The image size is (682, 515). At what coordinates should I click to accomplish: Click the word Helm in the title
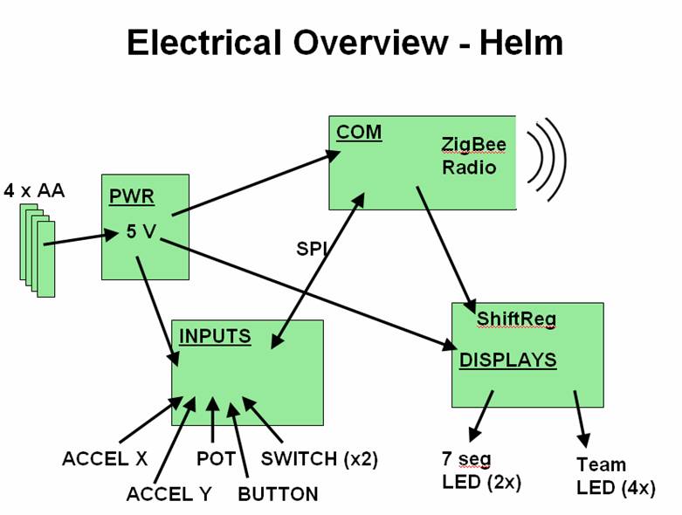(521, 42)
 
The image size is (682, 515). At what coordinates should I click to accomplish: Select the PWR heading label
(132, 196)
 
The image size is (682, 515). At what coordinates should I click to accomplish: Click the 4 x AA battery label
(35, 190)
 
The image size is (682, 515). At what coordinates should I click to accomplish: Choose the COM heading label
(359, 133)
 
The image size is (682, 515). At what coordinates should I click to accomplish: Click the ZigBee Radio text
(473, 154)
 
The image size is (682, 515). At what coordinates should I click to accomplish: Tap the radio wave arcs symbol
(547, 159)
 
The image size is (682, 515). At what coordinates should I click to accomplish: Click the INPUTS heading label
(215, 336)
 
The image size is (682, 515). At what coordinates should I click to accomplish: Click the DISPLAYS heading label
(508, 360)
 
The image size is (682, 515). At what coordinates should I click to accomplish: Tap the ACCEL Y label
(169, 494)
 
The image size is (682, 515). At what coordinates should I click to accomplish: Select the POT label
(215, 458)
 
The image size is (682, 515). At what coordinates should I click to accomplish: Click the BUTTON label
(278, 494)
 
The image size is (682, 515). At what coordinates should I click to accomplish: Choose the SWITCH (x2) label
(320, 458)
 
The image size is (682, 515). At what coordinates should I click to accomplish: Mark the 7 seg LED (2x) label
(481, 470)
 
